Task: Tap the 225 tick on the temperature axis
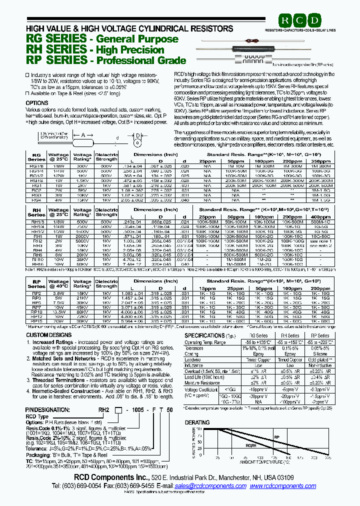point(328,457)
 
